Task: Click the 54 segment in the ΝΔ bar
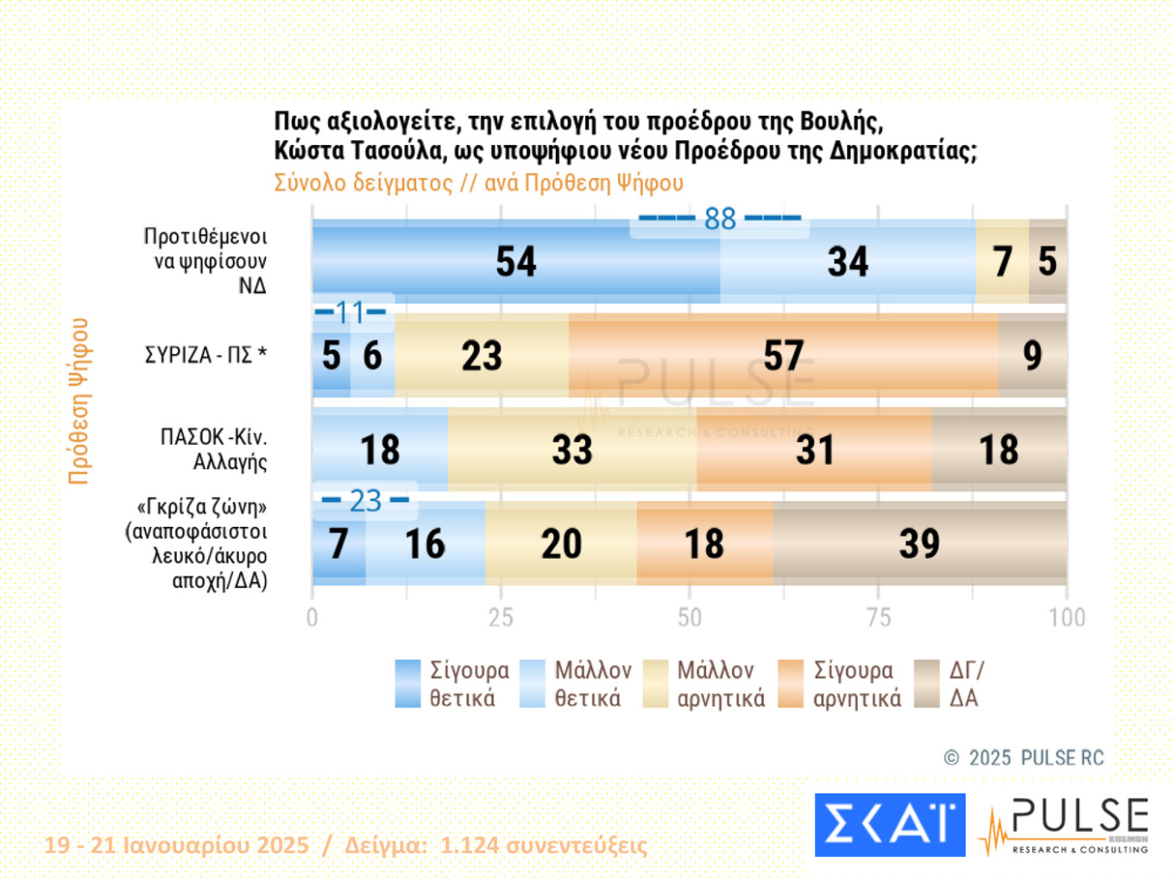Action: [x=515, y=262]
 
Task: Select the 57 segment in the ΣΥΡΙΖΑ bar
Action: [x=783, y=356]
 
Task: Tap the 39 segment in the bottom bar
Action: [x=919, y=544]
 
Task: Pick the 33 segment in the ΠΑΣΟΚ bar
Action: [x=571, y=450]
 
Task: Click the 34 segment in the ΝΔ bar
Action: [x=848, y=262]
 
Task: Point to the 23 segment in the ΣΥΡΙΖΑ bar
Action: [x=481, y=356]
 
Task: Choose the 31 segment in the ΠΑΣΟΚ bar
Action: [x=814, y=450]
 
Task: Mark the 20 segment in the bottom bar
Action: [x=561, y=544]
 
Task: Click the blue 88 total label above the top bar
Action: [x=720, y=219]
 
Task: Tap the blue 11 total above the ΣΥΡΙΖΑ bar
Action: [x=350, y=312]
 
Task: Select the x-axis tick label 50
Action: [x=689, y=618]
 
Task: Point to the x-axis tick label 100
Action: [x=1067, y=618]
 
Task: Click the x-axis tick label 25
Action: [x=501, y=618]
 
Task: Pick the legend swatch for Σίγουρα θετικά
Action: [x=407, y=684]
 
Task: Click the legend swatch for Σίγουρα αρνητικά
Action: [x=791, y=684]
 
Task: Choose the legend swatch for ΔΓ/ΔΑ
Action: [x=927, y=684]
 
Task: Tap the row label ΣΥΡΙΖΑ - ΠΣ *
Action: [x=205, y=355]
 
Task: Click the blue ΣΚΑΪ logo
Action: [x=889, y=825]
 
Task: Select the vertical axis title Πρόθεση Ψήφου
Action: [x=79, y=401]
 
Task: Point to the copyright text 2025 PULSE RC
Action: [x=1025, y=758]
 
